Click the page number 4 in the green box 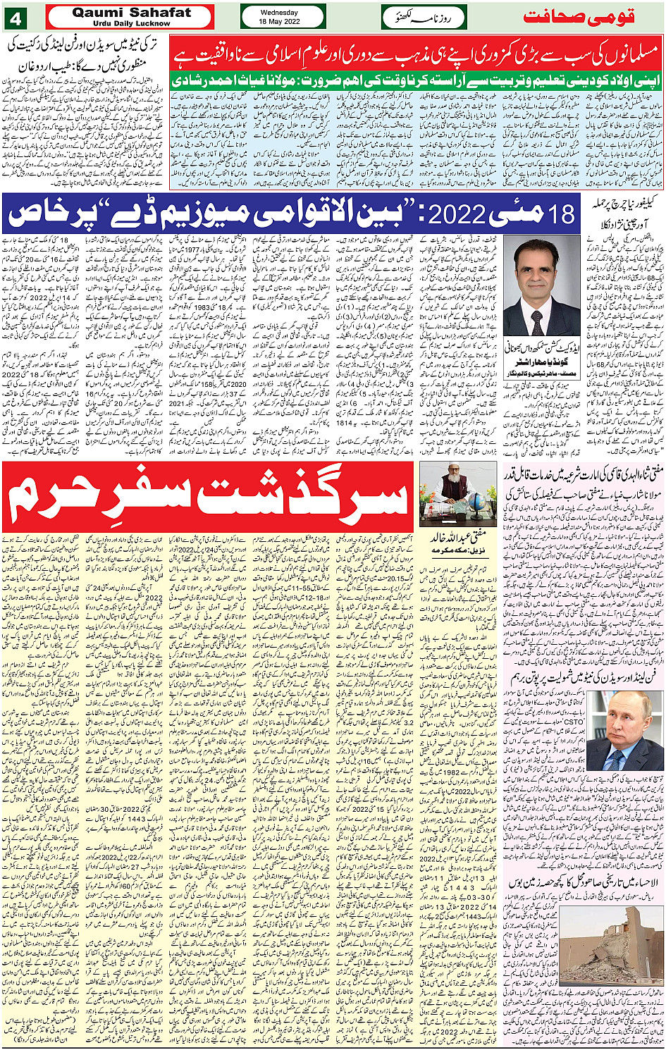point(15,16)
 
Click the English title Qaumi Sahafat point(132,13)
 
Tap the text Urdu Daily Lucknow point(132,23)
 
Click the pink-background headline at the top point(416,54)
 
